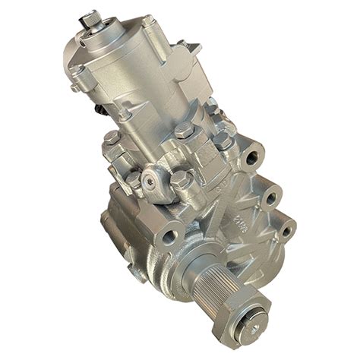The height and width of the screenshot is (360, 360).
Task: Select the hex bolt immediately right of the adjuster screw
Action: (182, 180)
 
